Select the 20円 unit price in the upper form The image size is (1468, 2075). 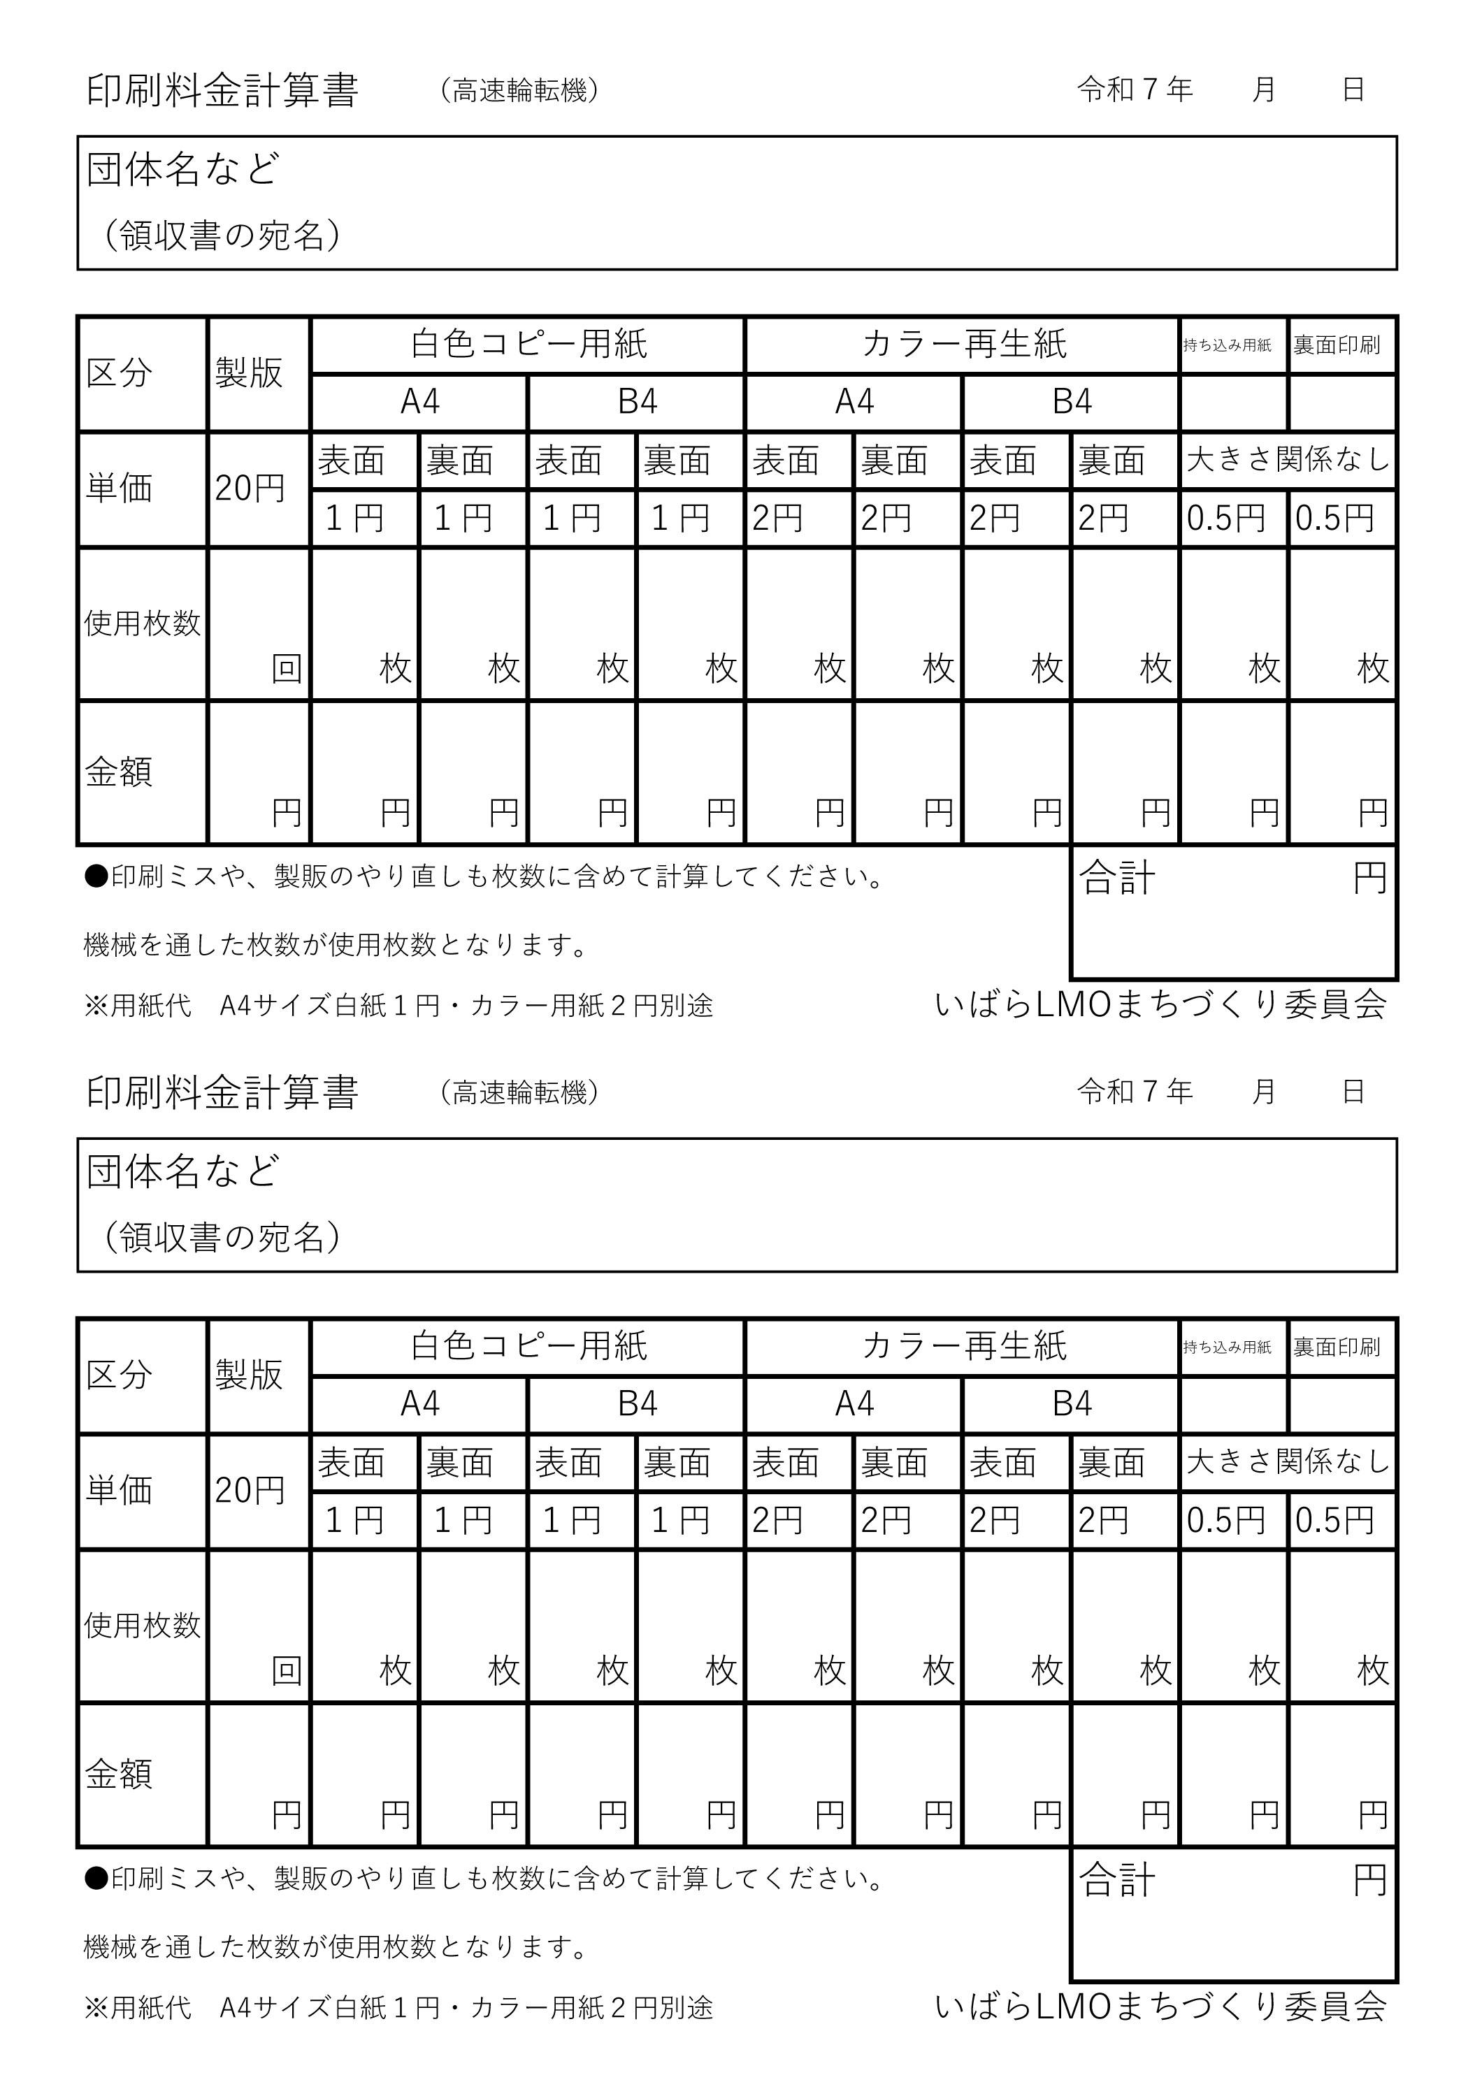pos(250,489)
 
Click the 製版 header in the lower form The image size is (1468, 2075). pos(249,1375)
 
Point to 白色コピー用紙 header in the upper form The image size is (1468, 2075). pos(528,345)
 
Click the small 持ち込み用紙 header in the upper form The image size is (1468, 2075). pos(1227,345)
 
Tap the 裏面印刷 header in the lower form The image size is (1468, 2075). pos(1336,1347)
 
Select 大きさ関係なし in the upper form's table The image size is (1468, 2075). pos(1287,460)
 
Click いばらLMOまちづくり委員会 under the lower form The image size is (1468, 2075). pos(1160,2007)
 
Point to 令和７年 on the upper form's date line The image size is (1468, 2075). pos(1135,89)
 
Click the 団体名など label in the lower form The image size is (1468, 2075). pos(182,1171)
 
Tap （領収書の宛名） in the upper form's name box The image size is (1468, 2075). pos(222,236)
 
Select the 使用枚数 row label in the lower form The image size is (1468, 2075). pos(142,1626)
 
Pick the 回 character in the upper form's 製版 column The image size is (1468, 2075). pos(287,669)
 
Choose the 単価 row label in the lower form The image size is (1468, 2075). pos(118,1490)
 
